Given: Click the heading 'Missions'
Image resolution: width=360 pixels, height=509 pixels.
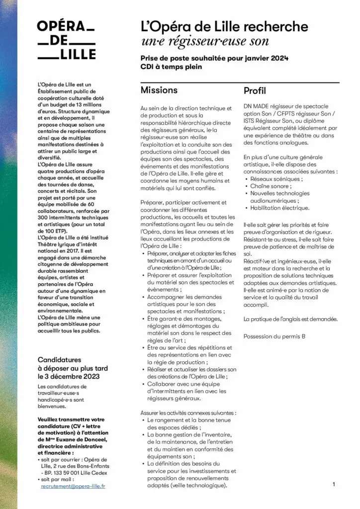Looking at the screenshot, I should tap(159, 90).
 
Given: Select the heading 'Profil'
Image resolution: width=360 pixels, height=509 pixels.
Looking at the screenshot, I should tap(255, 91).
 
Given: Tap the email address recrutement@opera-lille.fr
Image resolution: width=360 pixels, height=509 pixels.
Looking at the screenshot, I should tap(73, 486).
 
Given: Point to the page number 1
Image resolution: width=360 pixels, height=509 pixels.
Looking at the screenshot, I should tap(334, 484).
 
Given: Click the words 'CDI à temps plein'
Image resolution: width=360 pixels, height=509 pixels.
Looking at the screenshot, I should tap(171, 67).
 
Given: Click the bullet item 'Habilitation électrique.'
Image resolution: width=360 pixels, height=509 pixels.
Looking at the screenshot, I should tap(279, 208).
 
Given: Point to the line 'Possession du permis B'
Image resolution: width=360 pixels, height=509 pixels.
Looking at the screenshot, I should tap(274, 337).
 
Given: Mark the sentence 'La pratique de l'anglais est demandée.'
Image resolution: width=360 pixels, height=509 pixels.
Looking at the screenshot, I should tap(290, 319).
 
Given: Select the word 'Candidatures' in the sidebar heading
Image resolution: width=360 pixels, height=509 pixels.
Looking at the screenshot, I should tap(59, 359).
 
